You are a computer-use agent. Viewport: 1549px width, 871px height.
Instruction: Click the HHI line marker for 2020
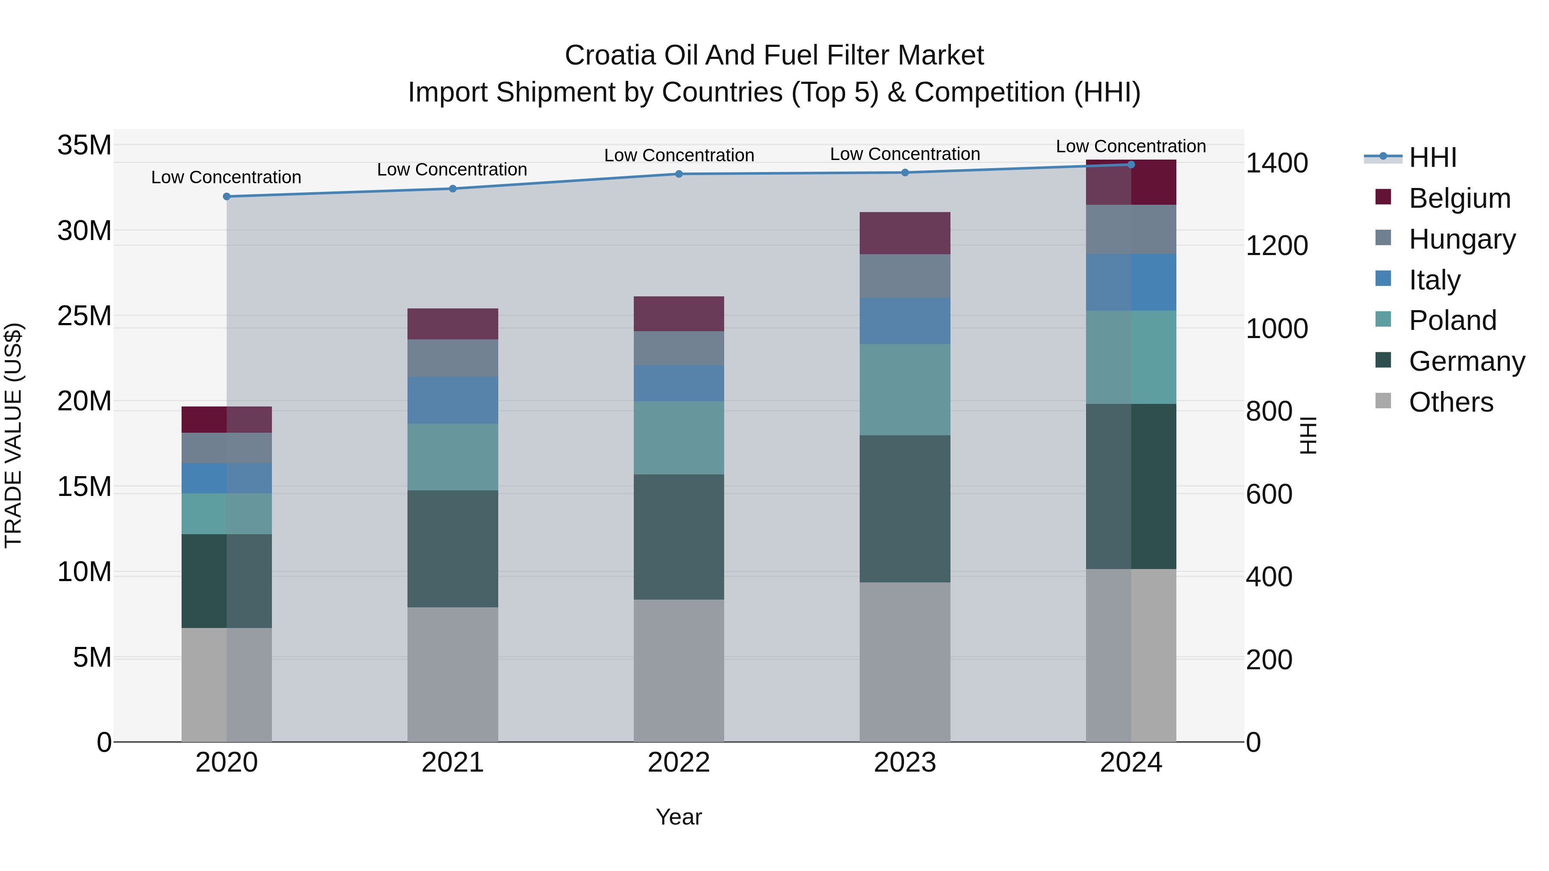click(227, 197)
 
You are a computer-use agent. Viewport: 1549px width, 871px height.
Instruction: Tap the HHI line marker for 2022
click(679, 174)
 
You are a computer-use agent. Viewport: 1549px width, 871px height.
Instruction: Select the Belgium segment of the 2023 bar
click(904, 233)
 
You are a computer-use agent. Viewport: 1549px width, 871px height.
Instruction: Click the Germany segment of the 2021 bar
click(452, 548)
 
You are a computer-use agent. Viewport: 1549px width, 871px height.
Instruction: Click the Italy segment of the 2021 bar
click(452, 400)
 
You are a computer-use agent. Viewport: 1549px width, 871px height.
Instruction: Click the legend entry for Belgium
click(1460, 198)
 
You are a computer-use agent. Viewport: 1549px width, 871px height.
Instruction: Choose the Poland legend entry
click(1452, 320)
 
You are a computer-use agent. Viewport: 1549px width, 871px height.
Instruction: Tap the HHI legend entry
click(1432, 157)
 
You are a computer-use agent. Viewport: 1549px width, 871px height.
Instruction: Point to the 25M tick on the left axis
click(84, 316)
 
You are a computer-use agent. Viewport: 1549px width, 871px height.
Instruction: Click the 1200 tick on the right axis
click(1276, 246)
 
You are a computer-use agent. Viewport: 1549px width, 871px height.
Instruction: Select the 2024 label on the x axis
click(1130, 763)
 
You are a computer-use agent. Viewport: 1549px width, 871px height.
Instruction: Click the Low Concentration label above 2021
click(452, 169)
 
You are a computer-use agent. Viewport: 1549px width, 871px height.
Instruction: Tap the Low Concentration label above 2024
click(1130, 146)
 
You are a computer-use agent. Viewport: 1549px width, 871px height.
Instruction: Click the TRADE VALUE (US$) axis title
click(13, 435)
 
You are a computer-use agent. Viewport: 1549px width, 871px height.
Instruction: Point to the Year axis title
click(679, 817)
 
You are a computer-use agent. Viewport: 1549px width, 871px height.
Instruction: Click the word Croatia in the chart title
click(610, 55)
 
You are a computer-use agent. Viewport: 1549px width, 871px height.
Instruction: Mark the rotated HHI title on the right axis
click(1308, 435)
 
